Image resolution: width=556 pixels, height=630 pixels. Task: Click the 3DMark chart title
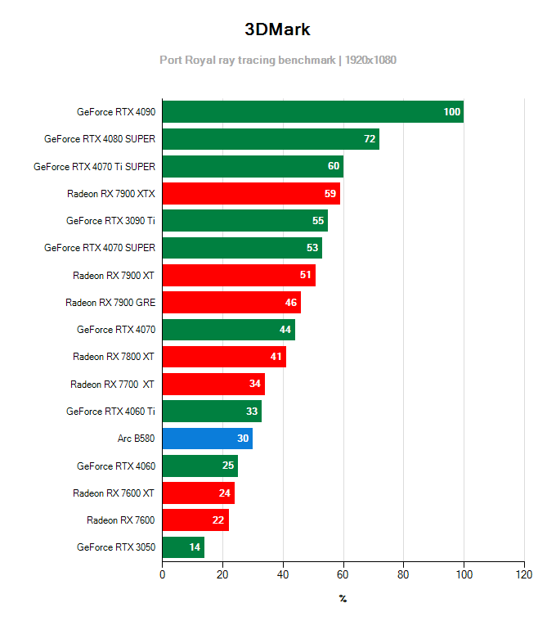(277, 29)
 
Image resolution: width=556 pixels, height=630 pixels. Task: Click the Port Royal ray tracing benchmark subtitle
(278, 60)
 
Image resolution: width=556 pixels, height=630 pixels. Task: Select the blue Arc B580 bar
(207, 439)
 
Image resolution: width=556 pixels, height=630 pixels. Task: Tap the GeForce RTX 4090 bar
(312, 112)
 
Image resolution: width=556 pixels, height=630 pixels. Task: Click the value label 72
(370, 139)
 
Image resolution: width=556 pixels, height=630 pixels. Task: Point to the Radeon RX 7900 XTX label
(110, 194)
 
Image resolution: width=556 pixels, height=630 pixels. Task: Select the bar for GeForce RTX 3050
(183, 547)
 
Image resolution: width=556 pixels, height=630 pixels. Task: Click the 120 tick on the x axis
(523, 574)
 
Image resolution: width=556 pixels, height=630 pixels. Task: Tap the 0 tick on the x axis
(163, 574)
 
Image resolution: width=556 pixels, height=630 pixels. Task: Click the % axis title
(343, 599)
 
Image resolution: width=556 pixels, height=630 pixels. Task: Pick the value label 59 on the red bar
(330, 194)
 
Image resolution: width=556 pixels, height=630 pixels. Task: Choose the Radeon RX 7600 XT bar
(199, 493)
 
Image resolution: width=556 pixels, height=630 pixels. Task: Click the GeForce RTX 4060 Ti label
(110, 412)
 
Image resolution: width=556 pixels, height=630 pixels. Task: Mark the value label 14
(195, 547)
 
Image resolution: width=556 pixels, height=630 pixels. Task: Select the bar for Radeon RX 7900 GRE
(231, 303)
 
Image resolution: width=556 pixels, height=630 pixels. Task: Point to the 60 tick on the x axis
(343, 574)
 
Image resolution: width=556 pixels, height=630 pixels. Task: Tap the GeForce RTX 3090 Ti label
(110, 221)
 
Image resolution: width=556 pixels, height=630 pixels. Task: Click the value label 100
(451, 112)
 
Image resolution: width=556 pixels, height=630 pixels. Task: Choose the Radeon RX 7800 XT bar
(224, 357)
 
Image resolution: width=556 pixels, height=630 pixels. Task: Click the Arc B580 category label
(136, 439)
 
